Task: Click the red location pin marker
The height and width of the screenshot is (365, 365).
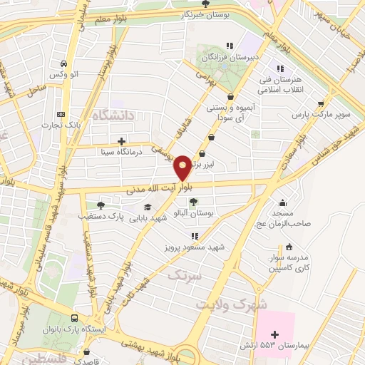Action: (x=183, y=167)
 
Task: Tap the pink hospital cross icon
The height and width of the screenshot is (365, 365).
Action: (x=275, y=334)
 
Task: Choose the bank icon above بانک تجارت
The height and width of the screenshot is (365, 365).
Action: (x=61, y=114)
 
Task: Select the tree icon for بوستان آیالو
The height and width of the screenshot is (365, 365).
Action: (x=194, y=202)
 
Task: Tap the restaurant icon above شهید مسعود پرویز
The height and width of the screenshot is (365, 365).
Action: (x=194, y=235)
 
